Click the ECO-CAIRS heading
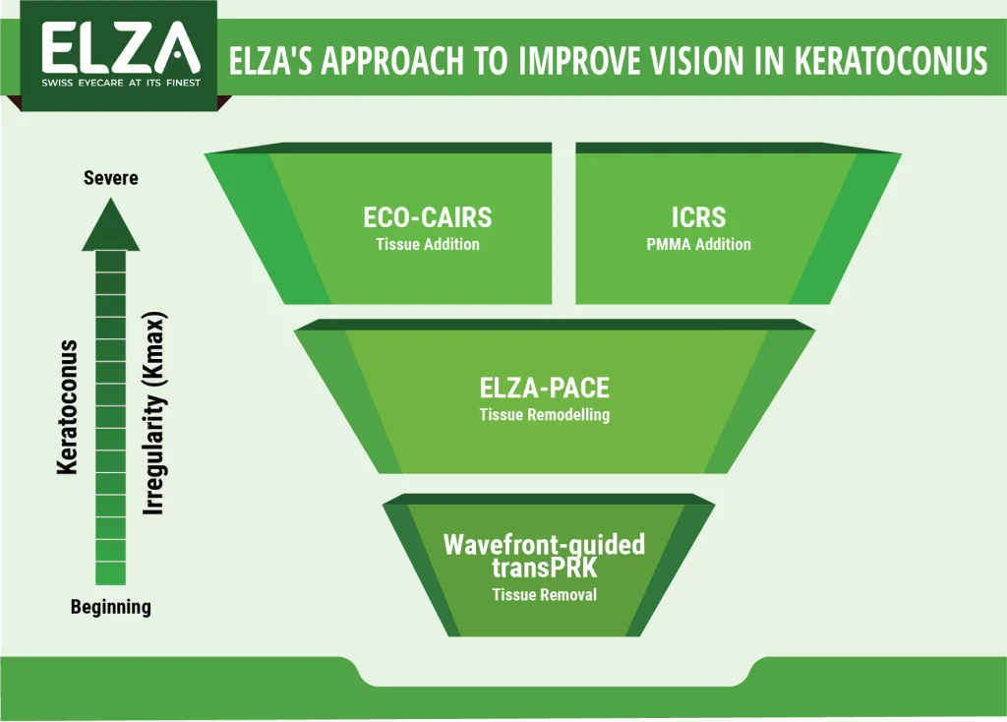click(427, 218)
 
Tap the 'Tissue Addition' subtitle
click(427, 244)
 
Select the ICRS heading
click(700, 218)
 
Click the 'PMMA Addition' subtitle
click(700, 244)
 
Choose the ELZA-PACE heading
click(544, 387)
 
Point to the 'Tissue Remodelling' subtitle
click(544, 414)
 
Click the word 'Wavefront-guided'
click(544, 544)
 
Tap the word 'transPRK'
click(544, 569)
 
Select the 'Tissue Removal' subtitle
click(544, 594)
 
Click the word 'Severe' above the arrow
click(111, 178)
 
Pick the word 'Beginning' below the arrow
click(111, 607)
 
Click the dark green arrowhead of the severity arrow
click(111, 226)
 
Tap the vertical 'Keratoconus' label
click(68, 407)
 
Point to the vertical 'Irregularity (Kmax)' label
click(154, 413)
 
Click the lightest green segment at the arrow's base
click(111, 573)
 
